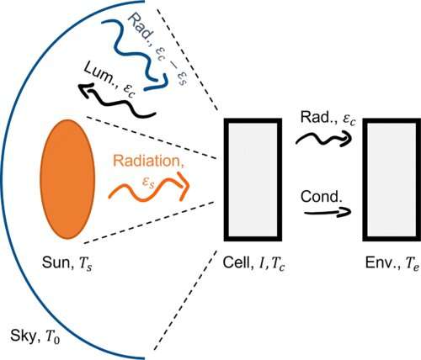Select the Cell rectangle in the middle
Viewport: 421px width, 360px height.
253,179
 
